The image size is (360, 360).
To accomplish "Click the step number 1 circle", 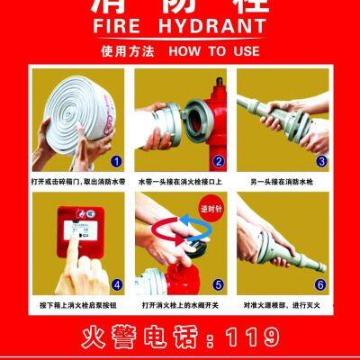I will [115, 161].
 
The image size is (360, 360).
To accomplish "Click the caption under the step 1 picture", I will [76, 183].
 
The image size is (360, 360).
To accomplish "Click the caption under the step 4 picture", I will [76, 307].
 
